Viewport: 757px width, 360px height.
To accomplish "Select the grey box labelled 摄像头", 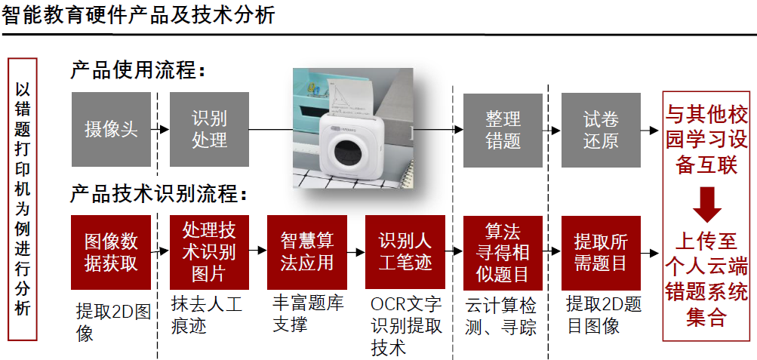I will (111, 129).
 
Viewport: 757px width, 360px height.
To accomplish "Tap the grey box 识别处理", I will (209, 129).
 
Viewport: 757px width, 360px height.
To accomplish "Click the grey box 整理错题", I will (503, 129).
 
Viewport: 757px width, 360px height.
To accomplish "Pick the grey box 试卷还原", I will (601, 129).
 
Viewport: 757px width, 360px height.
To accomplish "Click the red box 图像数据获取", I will (111, 252).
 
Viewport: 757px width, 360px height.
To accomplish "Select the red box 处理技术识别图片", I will (209, 252).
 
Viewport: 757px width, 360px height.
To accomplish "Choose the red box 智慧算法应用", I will (307, 252).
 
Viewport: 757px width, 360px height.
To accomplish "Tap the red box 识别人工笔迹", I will (405, 252).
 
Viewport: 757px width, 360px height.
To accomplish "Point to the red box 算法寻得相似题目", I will (503, 252).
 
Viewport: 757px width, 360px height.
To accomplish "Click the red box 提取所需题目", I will (601, 252).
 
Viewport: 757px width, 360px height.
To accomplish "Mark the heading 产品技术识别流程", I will (158, 194).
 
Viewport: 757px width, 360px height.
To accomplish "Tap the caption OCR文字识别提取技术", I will (406, 326).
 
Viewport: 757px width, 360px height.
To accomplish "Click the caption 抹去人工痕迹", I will (207, 315).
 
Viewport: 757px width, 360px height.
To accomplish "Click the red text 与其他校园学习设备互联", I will (707, 140).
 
